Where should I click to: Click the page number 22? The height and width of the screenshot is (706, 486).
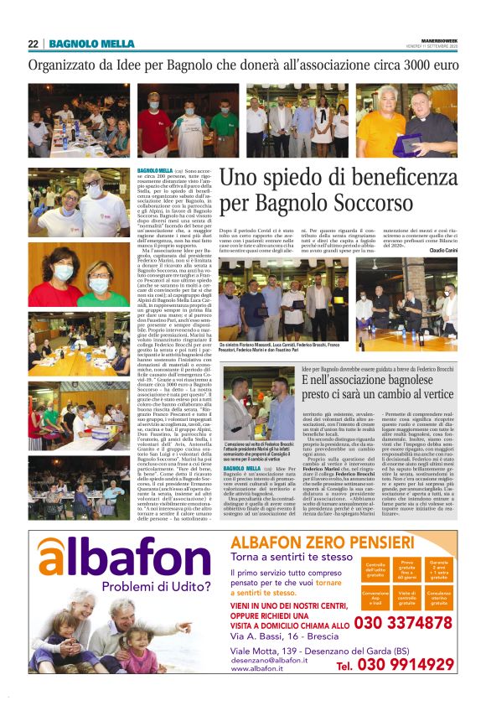click(34, 44)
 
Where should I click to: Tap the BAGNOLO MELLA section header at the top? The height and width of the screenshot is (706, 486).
click(91, 44)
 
